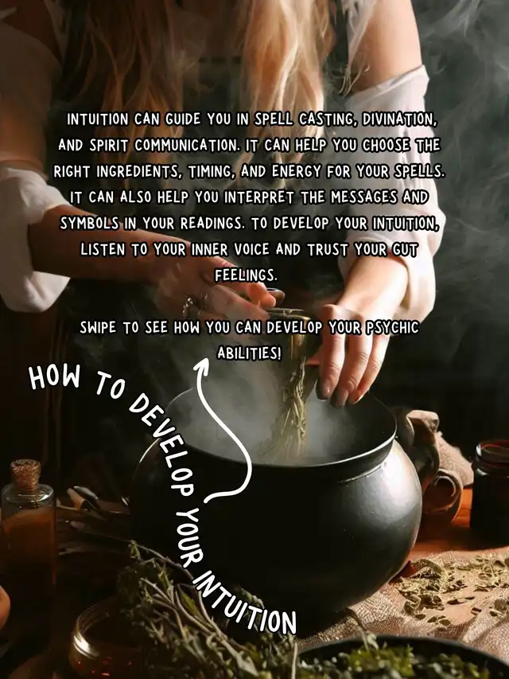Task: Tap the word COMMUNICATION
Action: (x=186, y=146)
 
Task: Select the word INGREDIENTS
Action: (x=138, y=172)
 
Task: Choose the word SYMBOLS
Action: (x=89, y=224)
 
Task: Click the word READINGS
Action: (x=212, y=224)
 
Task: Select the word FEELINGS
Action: (x=246, y=275)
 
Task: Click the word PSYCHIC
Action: (x=392, y=327)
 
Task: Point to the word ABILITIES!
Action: (x=249, y=353)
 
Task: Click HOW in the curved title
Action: (x=55, y=377)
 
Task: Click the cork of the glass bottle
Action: (x=25, y=474)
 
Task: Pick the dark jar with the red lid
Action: (x=491, y=490)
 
